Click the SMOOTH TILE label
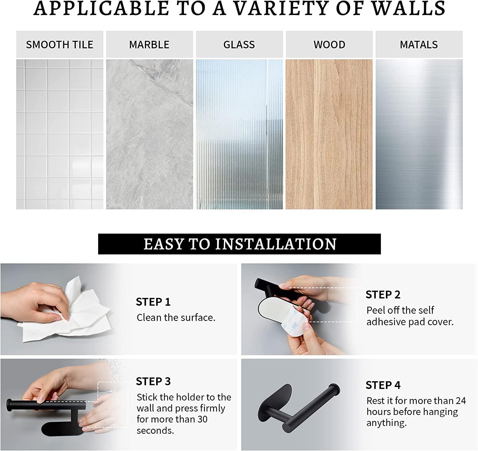point(60,45)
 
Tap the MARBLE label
point(149,45)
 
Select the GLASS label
point(239,45)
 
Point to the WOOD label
point(329,45)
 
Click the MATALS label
point(419,45)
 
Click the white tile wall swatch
point(60,134)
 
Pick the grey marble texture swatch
point(149,134)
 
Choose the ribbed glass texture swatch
point(239,134)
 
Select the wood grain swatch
point(329,134)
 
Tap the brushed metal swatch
point(419,134)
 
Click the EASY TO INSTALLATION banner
point(239,244)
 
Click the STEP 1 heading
point(153,302)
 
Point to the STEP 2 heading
point(383,295)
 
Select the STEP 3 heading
point(153,381)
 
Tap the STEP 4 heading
point(383,385)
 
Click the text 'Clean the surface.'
point(176,318)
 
